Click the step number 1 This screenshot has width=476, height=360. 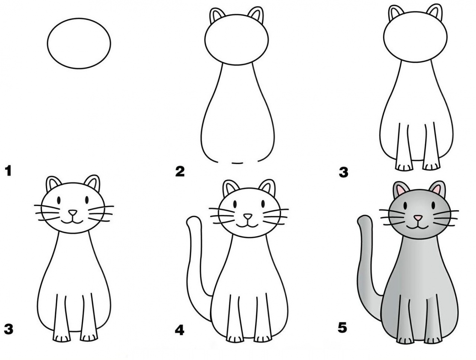pos(9,171)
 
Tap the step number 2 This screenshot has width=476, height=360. pos(180,171)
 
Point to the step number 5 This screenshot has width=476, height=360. pos(342,328)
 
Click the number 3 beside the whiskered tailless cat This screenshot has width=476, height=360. pos(9,329)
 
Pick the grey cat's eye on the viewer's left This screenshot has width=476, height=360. pos(405,205)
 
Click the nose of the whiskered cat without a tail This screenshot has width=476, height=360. pos(73,213)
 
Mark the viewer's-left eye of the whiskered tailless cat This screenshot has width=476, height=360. pos(58,199)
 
